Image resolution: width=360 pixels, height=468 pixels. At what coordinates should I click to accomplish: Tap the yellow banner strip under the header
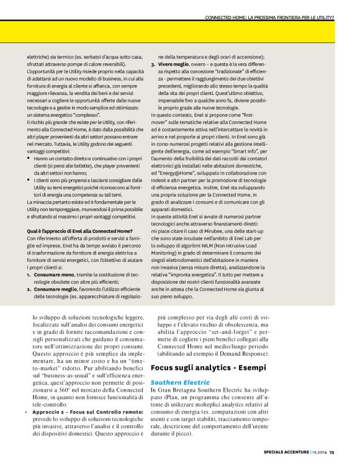[x=180, y=30]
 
